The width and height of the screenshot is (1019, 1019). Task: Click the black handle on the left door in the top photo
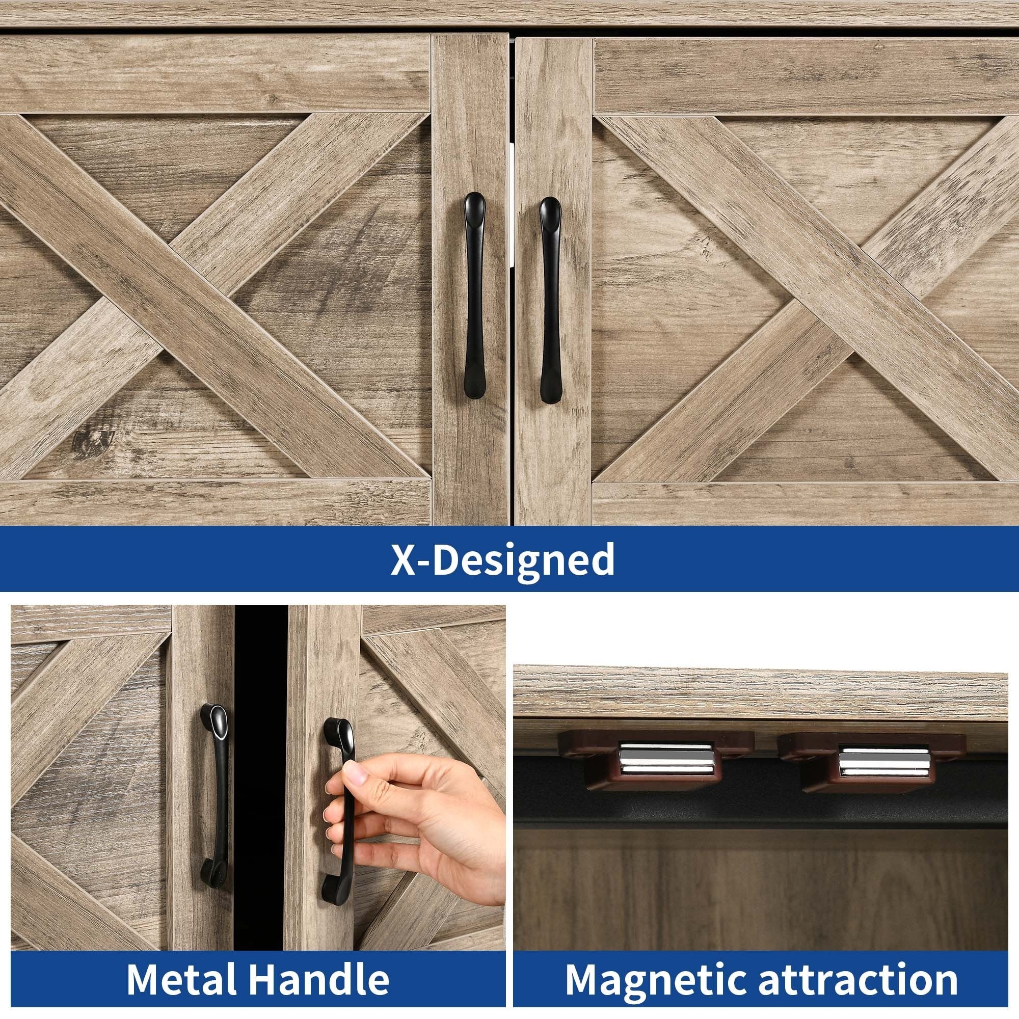point(473,296)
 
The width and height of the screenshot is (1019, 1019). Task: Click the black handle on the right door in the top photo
point(549,301)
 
